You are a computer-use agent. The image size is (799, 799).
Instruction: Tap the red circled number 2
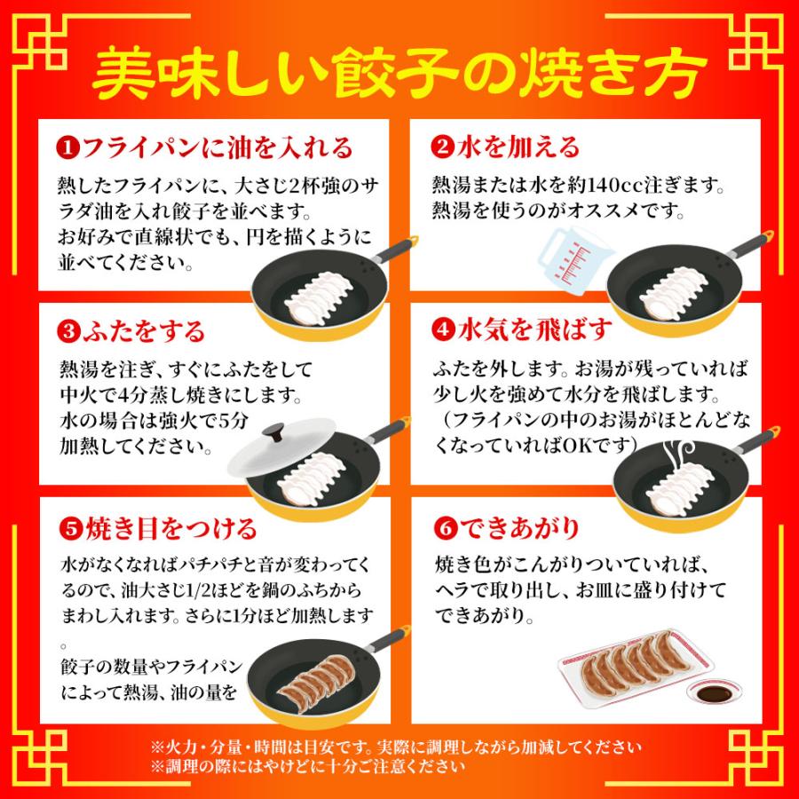[442, 146]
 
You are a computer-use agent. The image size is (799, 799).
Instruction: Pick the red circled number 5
[67, 530]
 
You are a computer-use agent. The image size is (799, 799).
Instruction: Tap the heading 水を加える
[517, 146]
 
